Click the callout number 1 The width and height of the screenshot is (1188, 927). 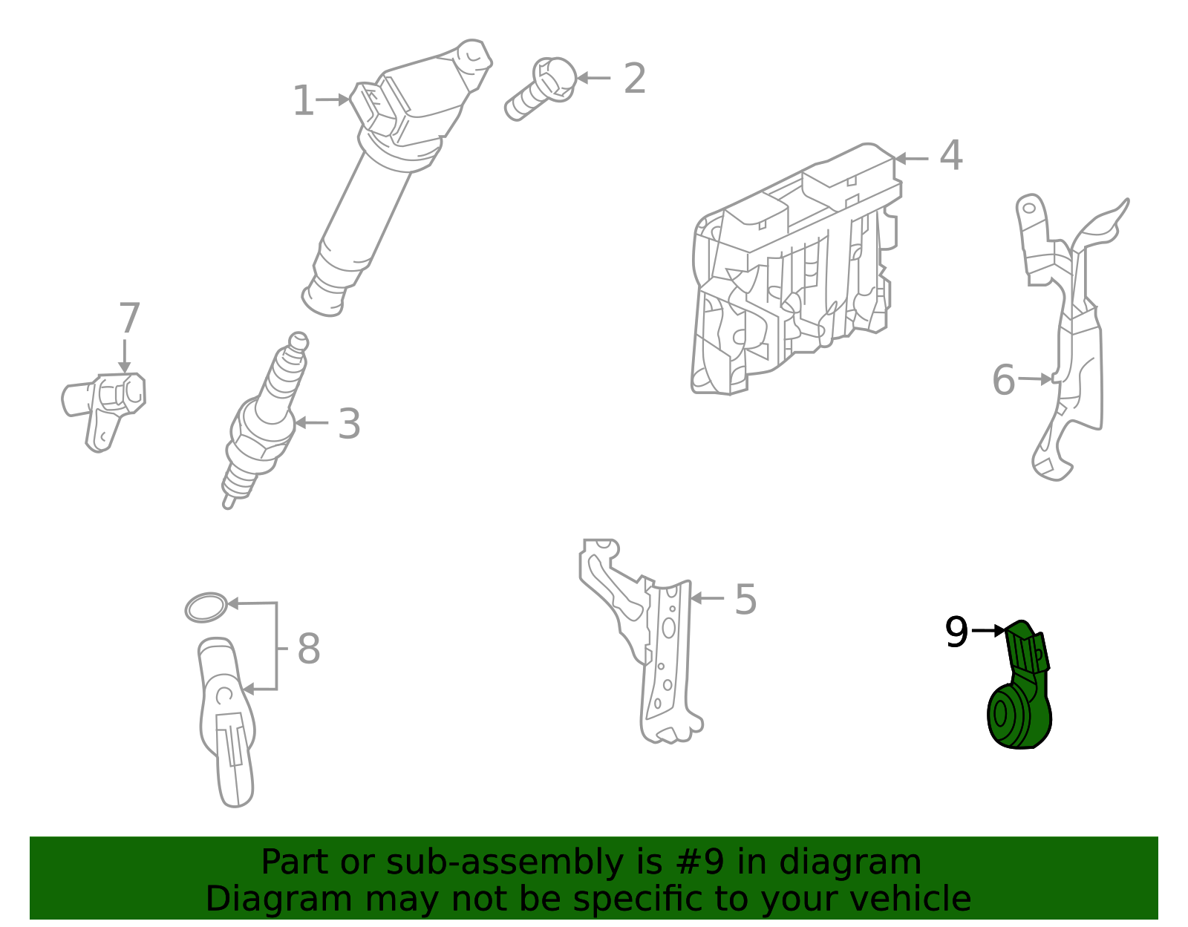(x=303, y=101)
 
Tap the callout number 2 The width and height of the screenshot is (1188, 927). (x=635, y=79)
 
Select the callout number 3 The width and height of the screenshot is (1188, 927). (x=349, y=425)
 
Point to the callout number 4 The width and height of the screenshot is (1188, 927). (x=951, y=157)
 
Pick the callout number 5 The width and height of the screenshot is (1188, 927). (x=745, y=600)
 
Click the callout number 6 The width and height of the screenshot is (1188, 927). (x=1003, y=381)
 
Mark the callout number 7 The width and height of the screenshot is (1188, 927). (x=129, y=319)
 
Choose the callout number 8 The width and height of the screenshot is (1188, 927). (x=309, y=649)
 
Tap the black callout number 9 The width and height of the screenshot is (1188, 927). (x=956, y=633)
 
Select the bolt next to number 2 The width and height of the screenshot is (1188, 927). (x=541, y=89)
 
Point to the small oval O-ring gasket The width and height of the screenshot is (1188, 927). (x=206, y=608)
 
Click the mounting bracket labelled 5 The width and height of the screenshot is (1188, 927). (x=646, y=638)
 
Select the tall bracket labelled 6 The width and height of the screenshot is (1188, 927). (x=1069, y=334)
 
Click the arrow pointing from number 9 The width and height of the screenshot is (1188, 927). (x=988, y=631)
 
